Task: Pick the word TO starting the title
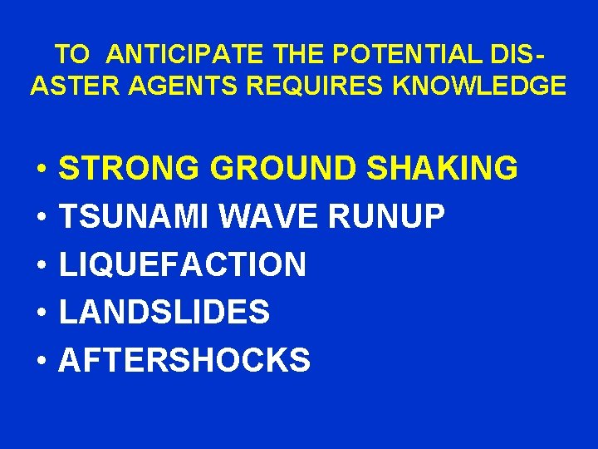pyautogui.click(x=72, y=55)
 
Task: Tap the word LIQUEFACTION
pyautogui.click(x=183, y=265)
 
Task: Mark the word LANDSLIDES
pyautogui.click(x=164, y=313)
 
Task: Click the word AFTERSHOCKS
pyautogui.click(x=184, y=361)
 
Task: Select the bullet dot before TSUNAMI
pyautogui.click(x=40, y=219)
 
